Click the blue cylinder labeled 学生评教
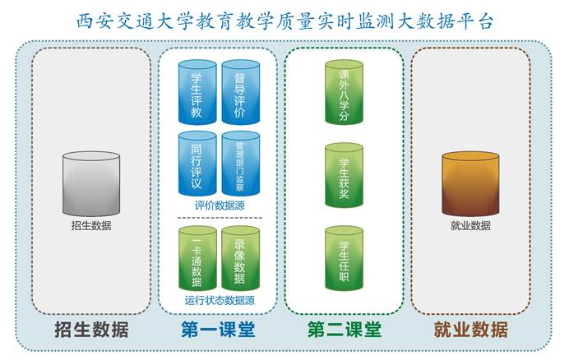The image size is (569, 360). [197, 92]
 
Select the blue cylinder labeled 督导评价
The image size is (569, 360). [241, 92]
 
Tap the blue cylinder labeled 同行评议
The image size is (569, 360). [197, 164]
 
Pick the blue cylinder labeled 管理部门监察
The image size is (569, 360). [241, 164]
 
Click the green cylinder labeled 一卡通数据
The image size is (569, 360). [197, 258]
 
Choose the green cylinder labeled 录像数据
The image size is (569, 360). [241, 258]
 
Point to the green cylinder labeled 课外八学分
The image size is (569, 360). [344, 92]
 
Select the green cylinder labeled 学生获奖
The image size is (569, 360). [344, 175]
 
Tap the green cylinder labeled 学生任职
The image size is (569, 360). [344, 258]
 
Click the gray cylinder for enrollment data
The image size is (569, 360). [91, 183]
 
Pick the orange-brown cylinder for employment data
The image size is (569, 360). [470, 183]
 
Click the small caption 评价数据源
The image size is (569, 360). [220, 205]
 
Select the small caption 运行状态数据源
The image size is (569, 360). [220, 301]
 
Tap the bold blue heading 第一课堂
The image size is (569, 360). [218, 330]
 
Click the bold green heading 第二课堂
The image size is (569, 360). [345, 330]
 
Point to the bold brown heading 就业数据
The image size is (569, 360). [470, 330]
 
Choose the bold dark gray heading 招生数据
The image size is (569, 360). [91, 330]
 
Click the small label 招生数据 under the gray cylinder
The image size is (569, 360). [91, 226]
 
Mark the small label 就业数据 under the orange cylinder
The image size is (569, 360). [470, 226]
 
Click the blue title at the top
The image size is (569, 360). [284, 21]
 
